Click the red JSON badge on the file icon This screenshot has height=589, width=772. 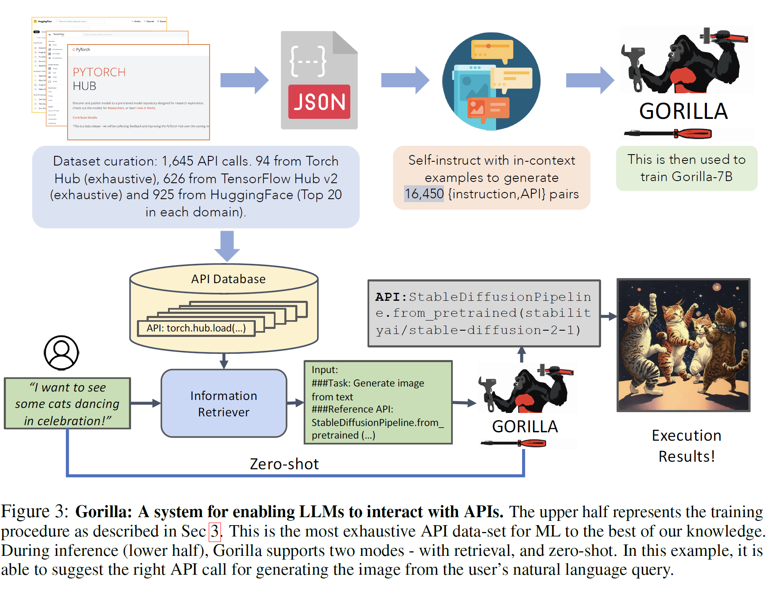tap(319, 102)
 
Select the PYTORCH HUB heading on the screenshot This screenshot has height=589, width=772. tap(99, 79)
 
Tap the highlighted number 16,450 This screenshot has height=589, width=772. tap(424, 194)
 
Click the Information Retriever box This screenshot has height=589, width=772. tap(224, 403)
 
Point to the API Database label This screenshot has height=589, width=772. tap(228, 279)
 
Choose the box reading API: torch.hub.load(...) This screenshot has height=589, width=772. tap(196, 328)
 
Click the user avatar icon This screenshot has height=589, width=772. tap(61, 352)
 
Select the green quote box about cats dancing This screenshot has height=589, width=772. tap(67, 403)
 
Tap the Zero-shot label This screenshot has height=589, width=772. tap(284, 464)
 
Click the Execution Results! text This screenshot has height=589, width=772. tap(686, 446)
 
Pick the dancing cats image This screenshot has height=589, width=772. tap(683, 345)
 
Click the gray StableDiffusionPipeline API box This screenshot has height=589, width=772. tap(484, 313)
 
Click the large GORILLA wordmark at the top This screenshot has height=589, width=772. tap(683, 112)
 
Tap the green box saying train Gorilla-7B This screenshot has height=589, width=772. tap(686, 168)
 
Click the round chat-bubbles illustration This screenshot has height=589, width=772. tap(491, 81)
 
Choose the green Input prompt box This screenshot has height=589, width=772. tap(378, 402)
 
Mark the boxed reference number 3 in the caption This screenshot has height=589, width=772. tap(215, 531)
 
